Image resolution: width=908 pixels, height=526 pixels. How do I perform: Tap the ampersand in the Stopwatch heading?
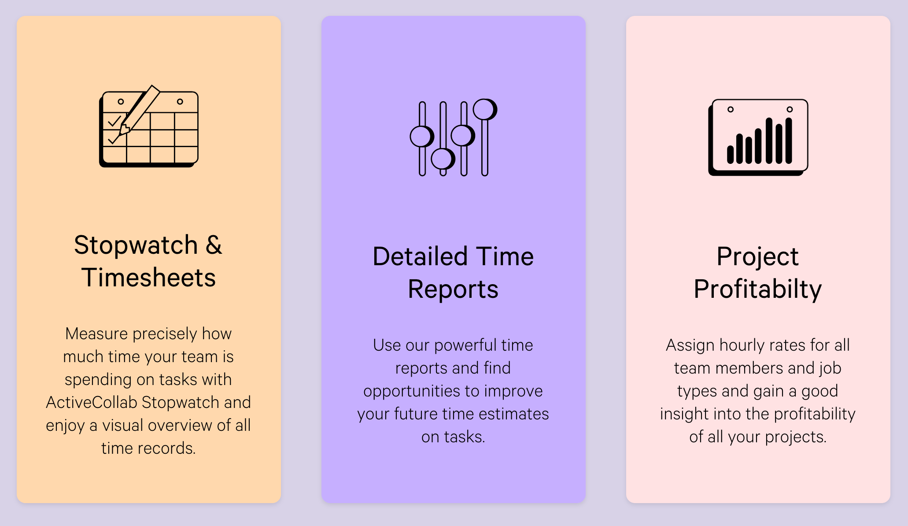pyautogui.click(x=214, y=245)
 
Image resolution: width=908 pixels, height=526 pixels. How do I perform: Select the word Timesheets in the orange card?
pyautogui.click(x=149, y=278)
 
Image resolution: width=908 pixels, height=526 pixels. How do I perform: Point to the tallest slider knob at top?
pyautogui.click(x=485, y=109)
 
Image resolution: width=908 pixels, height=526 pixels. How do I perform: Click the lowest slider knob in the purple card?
pyautogui.click(x=443, y=159)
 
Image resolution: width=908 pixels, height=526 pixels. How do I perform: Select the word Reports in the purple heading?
pyautogui.click(x=453, y=289)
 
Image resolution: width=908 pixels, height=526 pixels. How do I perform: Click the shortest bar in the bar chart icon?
pyautogui.click(x=730, y=155)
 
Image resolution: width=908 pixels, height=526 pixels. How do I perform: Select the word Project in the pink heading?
pyautogui.click(x=757, y=257)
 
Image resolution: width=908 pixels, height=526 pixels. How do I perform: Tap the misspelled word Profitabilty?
pyautogui.click(x=757, y=290)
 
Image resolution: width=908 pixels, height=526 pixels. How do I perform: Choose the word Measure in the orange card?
pyautogui.click(x=96, y=333)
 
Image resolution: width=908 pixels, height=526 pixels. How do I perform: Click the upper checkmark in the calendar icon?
pyautogui.click(x=114, y=121)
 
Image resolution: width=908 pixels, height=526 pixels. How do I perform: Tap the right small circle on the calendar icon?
pyautogui.click(x=180, y=102)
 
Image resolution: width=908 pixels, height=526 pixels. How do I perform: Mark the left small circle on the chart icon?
pyautogui.click(x=731, y=109)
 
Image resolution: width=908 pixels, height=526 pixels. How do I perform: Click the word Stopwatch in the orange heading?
pyautogui.click(x=136, y=245)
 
